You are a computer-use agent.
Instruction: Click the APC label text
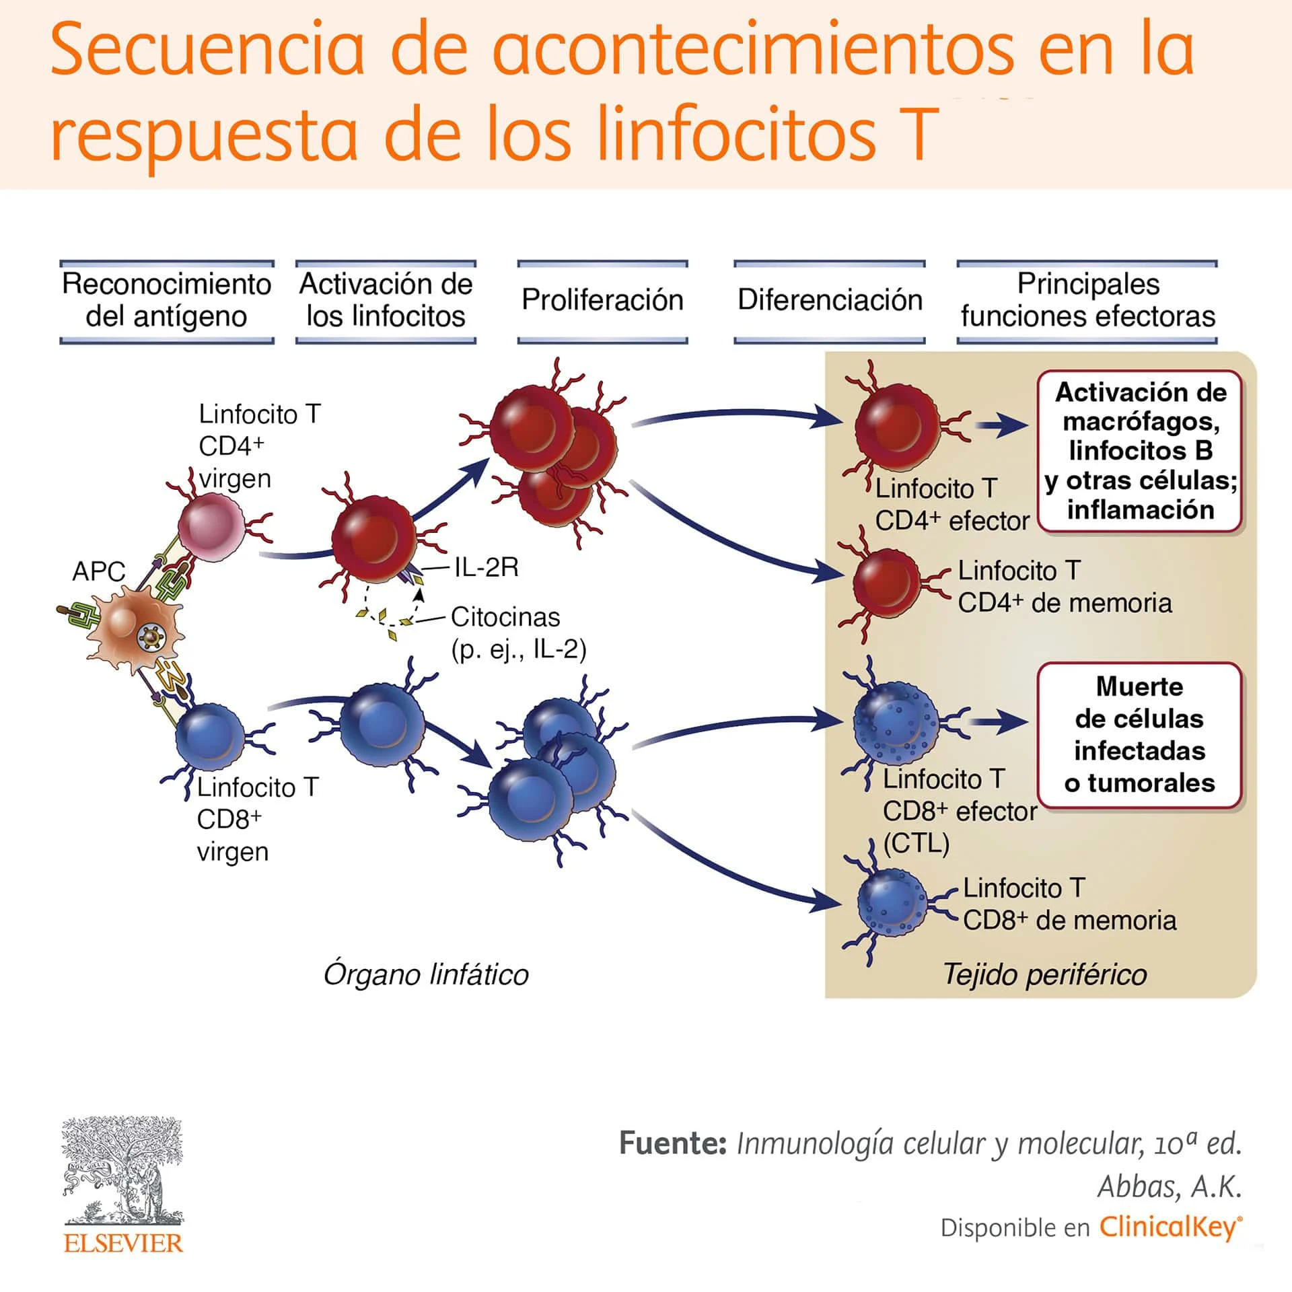(x=98, y=571)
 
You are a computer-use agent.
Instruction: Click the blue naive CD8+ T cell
(x=210, y=737)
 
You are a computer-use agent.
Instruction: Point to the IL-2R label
(x=486, y=567)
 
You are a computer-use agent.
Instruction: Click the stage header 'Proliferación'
(x=602, y=300)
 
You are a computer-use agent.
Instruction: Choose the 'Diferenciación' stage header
(x=829, y=300)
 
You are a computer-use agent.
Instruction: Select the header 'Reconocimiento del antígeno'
(x=166, y=300)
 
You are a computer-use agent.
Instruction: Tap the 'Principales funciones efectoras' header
(x=1087, y=300)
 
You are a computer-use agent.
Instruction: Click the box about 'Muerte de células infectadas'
(x=1139, y=735)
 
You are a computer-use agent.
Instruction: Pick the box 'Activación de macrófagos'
(x=1140, y=451)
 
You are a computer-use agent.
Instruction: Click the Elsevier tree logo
(x=122, y=1171)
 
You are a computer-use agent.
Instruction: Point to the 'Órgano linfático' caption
(x=426, y=974)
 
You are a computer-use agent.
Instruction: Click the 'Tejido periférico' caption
(x=1044, y=974)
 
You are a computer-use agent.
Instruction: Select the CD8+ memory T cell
(x=892, y=903)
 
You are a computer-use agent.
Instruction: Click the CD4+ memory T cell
(x=887, y=583)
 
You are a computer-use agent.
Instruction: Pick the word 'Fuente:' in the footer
(x=672, y=1143)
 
